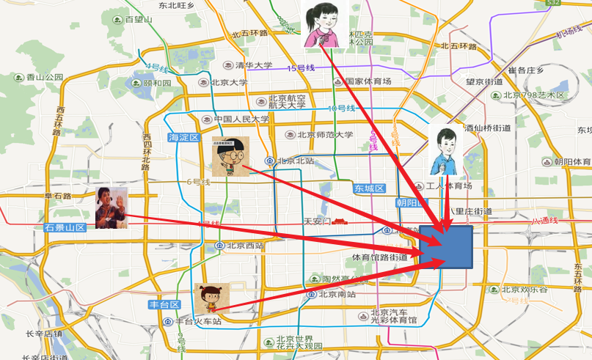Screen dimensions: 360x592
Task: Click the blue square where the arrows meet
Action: pyautogui.click(x=446, y=247)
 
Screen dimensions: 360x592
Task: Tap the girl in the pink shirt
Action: pyautogui.click(x=323, y=23)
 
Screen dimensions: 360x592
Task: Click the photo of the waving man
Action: pyautogui.click(x=112, y=207)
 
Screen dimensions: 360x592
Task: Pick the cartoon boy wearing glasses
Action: pyautogui.click(x=230, y=156)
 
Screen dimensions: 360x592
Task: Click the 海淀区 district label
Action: pyautogui.click(x=183, y=137)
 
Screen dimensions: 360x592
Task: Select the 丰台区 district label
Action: pyautogui.click(x=164, y=304)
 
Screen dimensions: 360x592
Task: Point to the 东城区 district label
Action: pyautogui.click(x=370, y=188)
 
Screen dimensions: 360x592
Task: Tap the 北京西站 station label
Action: pyautogui.click(x=244, y=245)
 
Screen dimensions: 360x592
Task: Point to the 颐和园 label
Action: pyautogui.click(x=156, y=83)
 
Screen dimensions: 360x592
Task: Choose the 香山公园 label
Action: pyautogui.click(x=45, y=77)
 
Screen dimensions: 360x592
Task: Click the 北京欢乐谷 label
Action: pyautogui.click(x=525, y=289)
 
